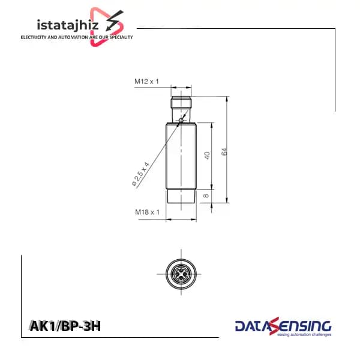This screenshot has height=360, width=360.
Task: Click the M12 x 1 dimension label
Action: coord(146,82)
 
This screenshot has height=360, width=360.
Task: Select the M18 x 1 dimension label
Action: coord(147,212)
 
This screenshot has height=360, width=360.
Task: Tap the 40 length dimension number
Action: coord(207,155)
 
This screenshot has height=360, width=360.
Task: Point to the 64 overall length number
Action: coord(224,152)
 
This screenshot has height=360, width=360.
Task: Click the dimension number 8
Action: coord(206,196)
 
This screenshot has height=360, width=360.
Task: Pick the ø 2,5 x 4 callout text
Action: coord(140,174)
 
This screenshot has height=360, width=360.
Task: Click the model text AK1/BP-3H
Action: coord(65,326)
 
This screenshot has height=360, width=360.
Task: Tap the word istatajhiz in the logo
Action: coord(68,25)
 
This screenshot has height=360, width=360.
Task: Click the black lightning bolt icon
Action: coord(114,20)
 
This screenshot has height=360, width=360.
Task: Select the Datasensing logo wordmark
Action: coord(283,326)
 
